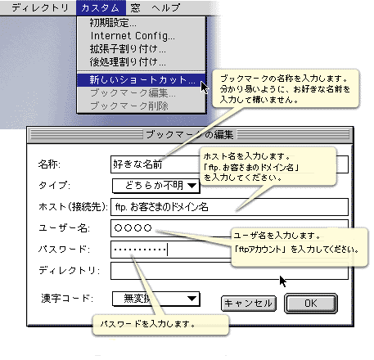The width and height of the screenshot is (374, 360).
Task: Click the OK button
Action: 311,304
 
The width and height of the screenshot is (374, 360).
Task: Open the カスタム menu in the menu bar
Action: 101,7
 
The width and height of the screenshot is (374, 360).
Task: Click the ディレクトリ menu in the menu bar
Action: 40,7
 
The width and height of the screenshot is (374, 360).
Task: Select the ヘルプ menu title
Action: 166,7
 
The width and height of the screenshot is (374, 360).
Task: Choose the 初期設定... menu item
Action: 113,23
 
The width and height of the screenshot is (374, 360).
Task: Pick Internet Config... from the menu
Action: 133,36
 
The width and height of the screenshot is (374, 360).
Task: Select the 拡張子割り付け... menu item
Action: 128,49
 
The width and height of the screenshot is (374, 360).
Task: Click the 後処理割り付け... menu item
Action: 128,62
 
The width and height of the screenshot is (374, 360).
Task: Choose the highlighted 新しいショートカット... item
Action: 141,80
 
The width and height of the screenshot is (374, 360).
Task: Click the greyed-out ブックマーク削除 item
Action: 129,106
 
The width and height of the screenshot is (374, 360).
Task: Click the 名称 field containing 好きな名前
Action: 155,164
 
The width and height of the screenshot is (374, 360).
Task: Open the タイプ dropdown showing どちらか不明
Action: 156,186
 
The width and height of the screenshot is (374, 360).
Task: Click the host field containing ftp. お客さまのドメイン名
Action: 229,207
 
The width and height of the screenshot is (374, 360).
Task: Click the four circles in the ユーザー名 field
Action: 133,227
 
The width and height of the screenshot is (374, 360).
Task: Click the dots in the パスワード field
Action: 140,250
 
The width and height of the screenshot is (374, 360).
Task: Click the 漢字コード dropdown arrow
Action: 192,299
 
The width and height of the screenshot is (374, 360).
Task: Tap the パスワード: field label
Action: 64,249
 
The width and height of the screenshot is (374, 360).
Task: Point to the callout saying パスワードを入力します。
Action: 160,325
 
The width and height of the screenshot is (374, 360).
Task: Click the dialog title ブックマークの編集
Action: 190,134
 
